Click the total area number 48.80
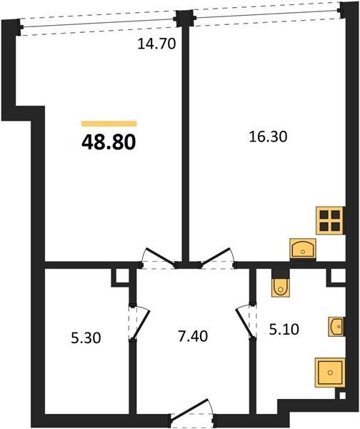109,142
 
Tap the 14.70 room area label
156,44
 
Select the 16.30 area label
268,137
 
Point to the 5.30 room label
86,338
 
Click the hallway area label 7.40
193,336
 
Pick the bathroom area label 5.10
284,330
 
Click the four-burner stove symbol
330,220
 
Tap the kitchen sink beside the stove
303,249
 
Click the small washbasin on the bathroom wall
336,327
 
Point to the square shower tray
330,373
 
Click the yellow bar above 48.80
109,124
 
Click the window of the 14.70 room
98,24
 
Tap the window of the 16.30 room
266,14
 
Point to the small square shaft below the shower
341,395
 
